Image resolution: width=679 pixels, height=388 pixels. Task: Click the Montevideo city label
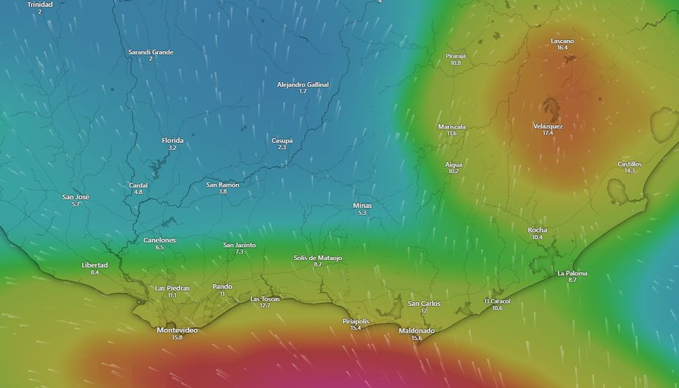click(177, 330)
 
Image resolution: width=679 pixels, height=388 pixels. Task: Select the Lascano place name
click(562, 41)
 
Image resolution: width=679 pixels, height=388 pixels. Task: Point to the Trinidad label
click(40, 4)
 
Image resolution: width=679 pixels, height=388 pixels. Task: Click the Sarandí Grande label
click(151, 52)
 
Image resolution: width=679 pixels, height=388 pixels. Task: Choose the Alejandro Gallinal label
click(303, 84)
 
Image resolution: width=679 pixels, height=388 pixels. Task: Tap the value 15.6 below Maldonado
click(416, 338)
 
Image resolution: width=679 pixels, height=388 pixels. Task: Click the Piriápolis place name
click(356, 320)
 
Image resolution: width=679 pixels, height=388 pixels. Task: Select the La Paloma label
click(572, 273)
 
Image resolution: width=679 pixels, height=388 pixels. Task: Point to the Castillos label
click(630, 163)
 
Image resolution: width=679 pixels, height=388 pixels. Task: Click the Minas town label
click(362, 205)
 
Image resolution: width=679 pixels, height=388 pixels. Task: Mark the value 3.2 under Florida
click(172, 147)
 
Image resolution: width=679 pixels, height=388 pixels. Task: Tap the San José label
click(76, 197)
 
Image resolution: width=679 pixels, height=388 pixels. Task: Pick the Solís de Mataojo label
click(317, 257)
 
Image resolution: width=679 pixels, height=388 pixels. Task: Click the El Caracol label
click(497, 301)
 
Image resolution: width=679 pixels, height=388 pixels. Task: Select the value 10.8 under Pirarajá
click(456, 63)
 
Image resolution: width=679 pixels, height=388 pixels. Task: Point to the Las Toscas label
click(265, 299)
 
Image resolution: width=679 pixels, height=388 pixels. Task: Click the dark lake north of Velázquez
click(552, 109)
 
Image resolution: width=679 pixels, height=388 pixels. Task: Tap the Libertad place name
click(95, 264)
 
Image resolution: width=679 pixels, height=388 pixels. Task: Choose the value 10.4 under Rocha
click(537, 238)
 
